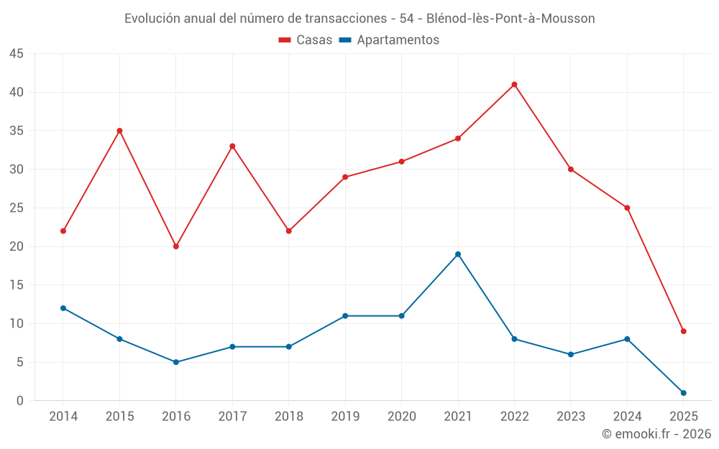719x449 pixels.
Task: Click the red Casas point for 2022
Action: (x=514, y=85)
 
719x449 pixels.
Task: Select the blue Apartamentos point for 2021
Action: (x=458, y=254)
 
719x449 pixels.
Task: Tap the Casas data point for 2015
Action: (x=119, y=131)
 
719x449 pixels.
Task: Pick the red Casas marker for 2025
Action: (x=684, y=331)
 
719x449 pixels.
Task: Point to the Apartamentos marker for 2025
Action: (x=684, y=393)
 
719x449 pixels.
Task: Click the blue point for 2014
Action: (x=63, y=308)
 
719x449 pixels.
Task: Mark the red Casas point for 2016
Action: (x=176, y=246)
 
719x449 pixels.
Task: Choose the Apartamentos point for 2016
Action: (x=176, y=362)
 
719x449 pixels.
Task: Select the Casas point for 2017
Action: (x=232, y=147)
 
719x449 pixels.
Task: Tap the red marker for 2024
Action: (x=627, y=208)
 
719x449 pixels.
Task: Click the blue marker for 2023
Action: (x=571, y=354)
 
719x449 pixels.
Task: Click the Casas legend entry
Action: (x=306, y=40)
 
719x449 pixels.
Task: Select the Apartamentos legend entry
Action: (x=389, y=40)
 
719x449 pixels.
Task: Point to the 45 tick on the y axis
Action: (x=17, y=54)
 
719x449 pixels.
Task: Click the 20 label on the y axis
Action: (x=17, y=246)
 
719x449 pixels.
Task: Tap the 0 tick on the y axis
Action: (x=20, y=401)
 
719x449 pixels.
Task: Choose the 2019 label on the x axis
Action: (x=345, y=417)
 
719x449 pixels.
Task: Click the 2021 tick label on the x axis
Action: (x=458, y=417)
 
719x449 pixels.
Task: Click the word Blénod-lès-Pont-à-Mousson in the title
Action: (x=510, y=19)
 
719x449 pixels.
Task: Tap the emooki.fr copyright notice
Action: (x=656, y=434)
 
